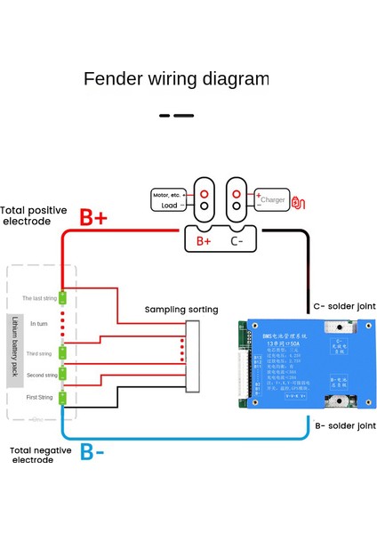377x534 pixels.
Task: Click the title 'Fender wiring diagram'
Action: (175, 78)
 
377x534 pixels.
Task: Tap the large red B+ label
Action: (93, 218)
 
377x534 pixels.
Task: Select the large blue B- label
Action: (92, 452)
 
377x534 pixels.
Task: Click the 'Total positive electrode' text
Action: (34, 215)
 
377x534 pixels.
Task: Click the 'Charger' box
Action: (273, 200)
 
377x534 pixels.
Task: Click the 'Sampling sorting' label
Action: (181, 310)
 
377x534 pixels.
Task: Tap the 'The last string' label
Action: (39, 298)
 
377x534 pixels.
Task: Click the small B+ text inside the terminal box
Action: (203, 240)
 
